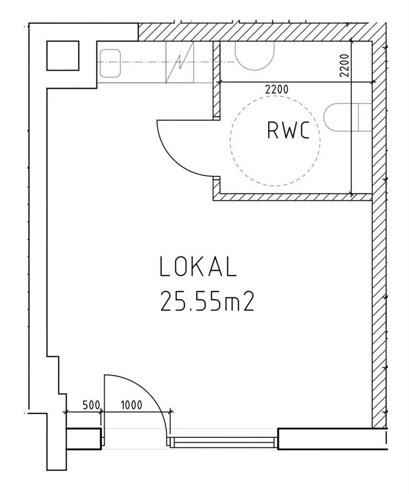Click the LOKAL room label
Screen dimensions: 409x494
coord(198,267)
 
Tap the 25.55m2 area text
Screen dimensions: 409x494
coord(207,301)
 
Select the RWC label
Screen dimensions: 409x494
coord(289,131)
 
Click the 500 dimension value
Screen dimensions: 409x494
coord(91,404)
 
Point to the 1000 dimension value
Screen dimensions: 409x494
coord(131,404)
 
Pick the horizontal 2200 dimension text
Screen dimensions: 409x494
coord(277,90)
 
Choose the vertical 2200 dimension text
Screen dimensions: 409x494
coord(345,65)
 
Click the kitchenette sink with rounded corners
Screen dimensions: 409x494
coord(110,63)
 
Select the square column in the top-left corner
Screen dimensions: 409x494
coord(63,56)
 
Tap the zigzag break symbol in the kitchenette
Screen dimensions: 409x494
coord(180,63)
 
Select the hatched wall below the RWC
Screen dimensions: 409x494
coord(292,197)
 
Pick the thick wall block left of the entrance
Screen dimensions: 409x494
coord(84,439)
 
